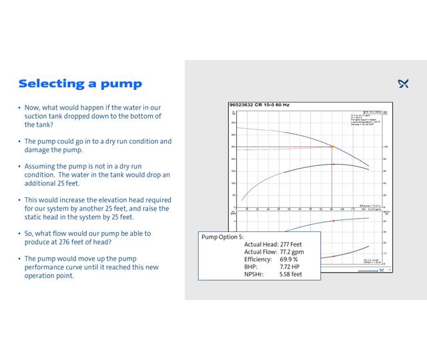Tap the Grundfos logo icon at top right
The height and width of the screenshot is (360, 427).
point(403,83)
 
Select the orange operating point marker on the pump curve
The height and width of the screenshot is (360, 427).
point(332,146)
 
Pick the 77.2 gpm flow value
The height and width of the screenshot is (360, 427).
point(294,251)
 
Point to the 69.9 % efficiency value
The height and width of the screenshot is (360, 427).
point(289,259)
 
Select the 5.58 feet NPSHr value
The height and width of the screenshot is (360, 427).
point(291,273)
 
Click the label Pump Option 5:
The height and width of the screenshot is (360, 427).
point(222,237)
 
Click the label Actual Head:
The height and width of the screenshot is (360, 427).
point(261,244)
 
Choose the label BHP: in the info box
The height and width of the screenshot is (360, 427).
point(250,266)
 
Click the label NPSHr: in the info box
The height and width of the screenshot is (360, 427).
point(254,273)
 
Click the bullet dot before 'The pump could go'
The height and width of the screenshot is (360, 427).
point(19,141)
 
